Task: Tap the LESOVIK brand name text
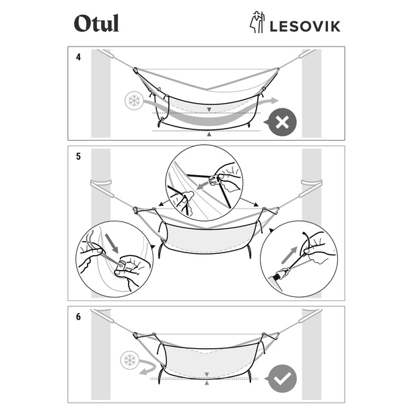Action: point(304,26)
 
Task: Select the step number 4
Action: point(79,57)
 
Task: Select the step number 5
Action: point(79,156)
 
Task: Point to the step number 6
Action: point(79,316)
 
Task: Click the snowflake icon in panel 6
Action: point(129,360)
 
